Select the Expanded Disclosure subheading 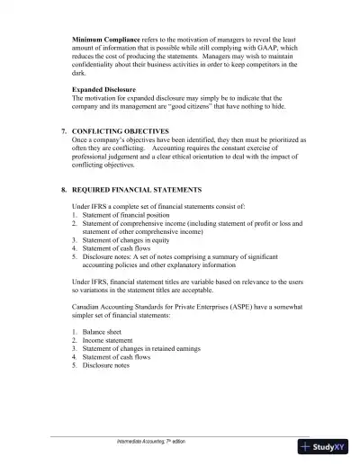[x=103, y=89]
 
